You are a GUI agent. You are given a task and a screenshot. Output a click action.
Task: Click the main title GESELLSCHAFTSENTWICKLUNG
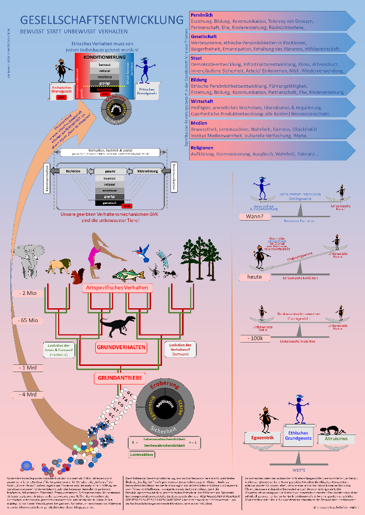click(x=101, y=20)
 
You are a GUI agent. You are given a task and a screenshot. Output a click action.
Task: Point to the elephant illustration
click(x=28, y=260)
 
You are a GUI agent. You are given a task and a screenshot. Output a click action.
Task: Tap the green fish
click(x=128, y=275)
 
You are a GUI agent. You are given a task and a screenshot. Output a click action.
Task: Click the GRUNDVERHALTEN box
click(x=121, y=347)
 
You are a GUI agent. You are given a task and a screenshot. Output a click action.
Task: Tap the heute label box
click(x=258, y=277)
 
